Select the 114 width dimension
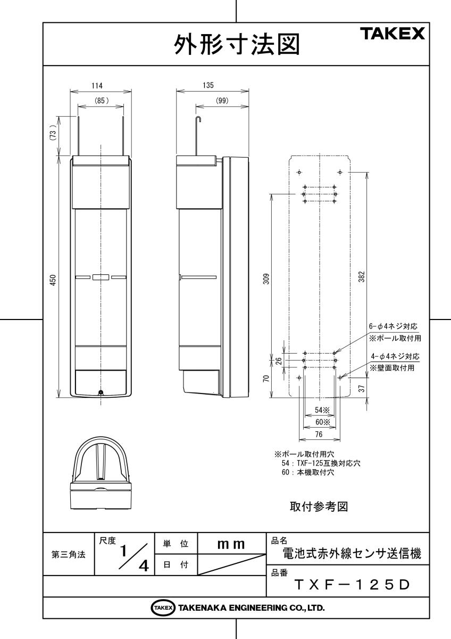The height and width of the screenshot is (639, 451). (x=97, y=85)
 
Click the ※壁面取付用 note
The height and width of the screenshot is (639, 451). (x=394, y=367)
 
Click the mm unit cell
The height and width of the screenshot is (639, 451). (x=231, y=544)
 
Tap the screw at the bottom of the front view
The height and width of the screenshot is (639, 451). (x=101, y=392)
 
